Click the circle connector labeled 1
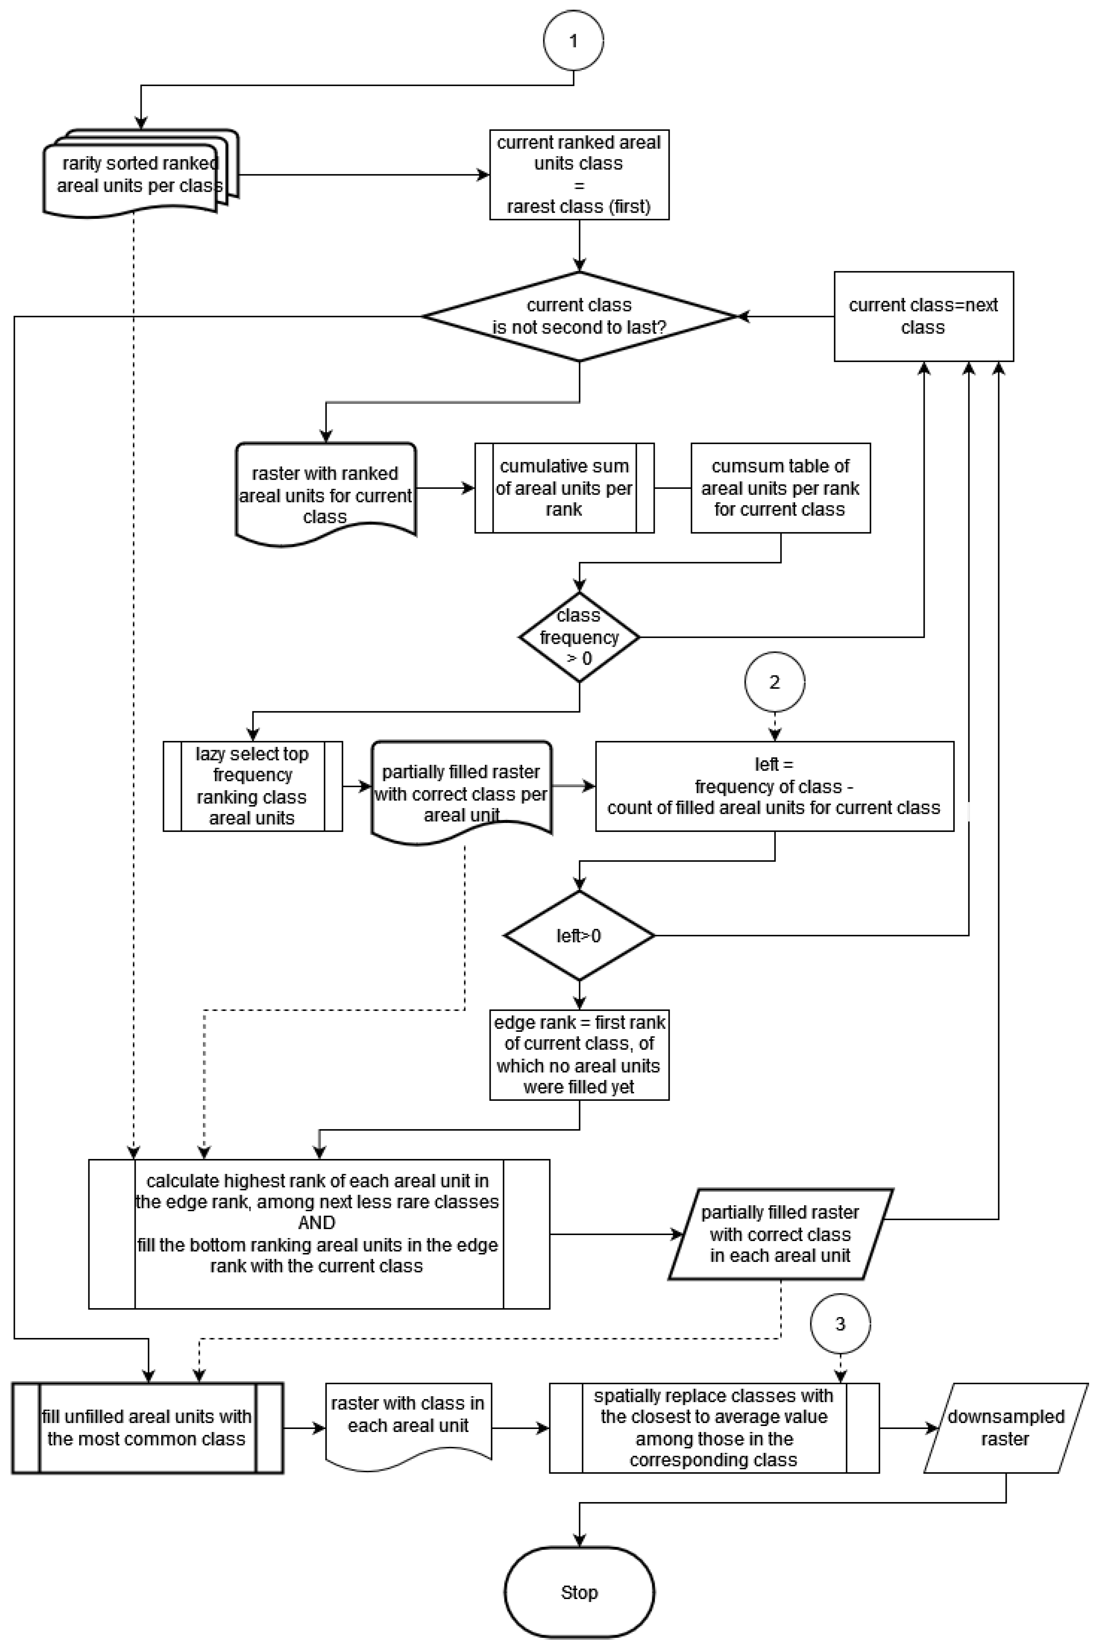[573, 41]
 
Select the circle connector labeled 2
[774, 682]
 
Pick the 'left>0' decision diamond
[579, 936]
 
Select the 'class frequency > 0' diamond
[579, 637]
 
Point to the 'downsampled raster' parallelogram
[1006, 1428]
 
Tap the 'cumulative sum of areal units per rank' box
[564, 488]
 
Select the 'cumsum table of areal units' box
[781, 488]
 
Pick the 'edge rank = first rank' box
[579, 1055]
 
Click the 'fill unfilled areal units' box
[147, 1428]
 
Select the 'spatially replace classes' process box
[714, 1428]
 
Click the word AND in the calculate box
[317, 1223]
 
